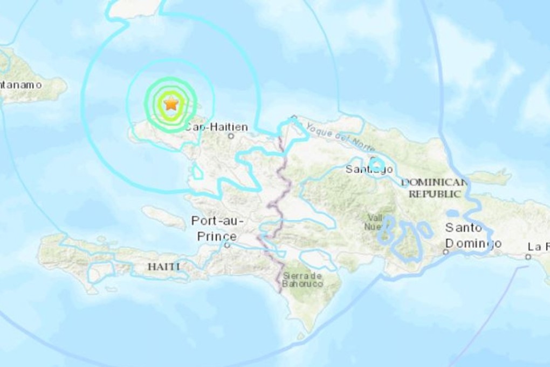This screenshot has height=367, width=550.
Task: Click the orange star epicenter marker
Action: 171,103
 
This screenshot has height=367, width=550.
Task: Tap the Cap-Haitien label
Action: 216,127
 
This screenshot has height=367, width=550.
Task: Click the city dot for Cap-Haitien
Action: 231,136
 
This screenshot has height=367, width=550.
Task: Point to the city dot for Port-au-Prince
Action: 227,244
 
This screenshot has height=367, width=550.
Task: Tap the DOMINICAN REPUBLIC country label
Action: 434,188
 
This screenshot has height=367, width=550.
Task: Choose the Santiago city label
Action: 369,169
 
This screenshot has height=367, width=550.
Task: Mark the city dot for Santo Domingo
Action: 446,252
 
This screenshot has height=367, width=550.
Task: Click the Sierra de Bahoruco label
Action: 302,280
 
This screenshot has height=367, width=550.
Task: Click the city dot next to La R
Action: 528,257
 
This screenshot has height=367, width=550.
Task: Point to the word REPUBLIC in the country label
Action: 435,194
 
